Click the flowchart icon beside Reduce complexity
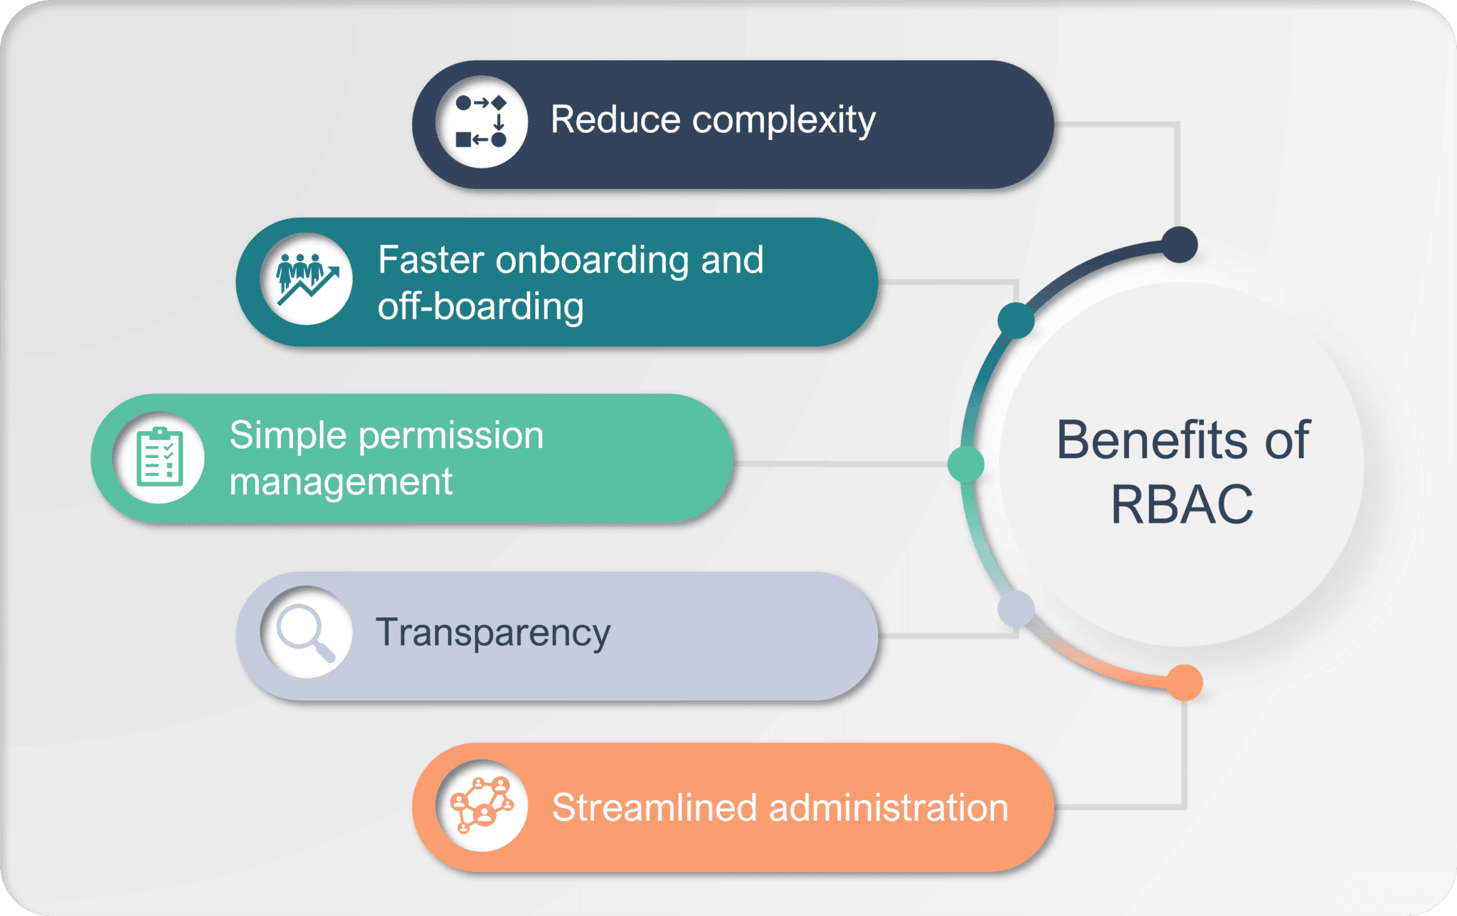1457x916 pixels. coord(482,122)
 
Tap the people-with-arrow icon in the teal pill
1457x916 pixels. coord(307,279)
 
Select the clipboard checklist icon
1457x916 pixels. coord(159,457)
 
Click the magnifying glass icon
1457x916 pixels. coord(306,632)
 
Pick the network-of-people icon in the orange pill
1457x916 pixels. coord(482,806)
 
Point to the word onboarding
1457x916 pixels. coord(592,260)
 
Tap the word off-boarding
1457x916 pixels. coord(480,307)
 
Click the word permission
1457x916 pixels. coord(451,435)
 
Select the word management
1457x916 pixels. coord(341,482)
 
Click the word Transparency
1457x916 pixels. coord(492,632)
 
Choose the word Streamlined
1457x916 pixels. coord(654,808)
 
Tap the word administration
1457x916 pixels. coord(889,808)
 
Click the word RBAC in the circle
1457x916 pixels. coord(1182,504)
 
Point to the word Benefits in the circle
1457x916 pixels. coord(1152,440)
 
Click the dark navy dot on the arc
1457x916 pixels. coord(1180,245)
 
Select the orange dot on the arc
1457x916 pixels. coord(1185,683)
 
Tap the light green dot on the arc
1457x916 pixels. coord(965,464)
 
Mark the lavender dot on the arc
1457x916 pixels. coord(1016,609)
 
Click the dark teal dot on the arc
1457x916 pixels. coord(1016,320)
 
